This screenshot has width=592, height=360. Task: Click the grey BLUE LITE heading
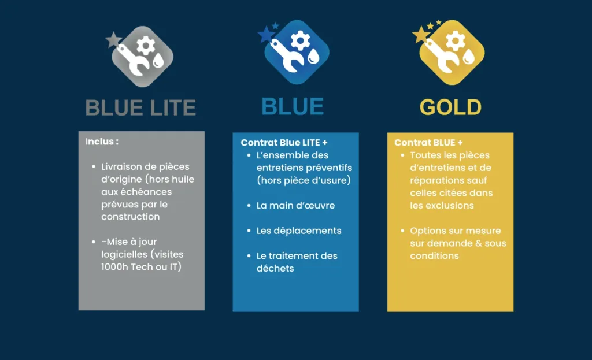(140, 107)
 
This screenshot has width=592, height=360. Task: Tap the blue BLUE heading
(293, 106)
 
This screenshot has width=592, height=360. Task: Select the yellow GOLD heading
(450, 107)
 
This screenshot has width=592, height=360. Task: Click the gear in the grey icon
(146, 46)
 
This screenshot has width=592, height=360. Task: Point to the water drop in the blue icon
(313, 56)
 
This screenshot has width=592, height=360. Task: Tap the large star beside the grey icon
(113, 40)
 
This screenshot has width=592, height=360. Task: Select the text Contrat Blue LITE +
(284, 143)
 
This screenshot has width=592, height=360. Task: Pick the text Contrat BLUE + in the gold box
(428, 143)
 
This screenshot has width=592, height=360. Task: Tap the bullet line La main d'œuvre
(295, 205)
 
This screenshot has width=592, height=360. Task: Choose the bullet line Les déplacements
(299, 231)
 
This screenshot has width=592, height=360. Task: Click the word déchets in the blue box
(275, 268)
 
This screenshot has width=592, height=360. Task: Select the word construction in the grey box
(130, 217)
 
